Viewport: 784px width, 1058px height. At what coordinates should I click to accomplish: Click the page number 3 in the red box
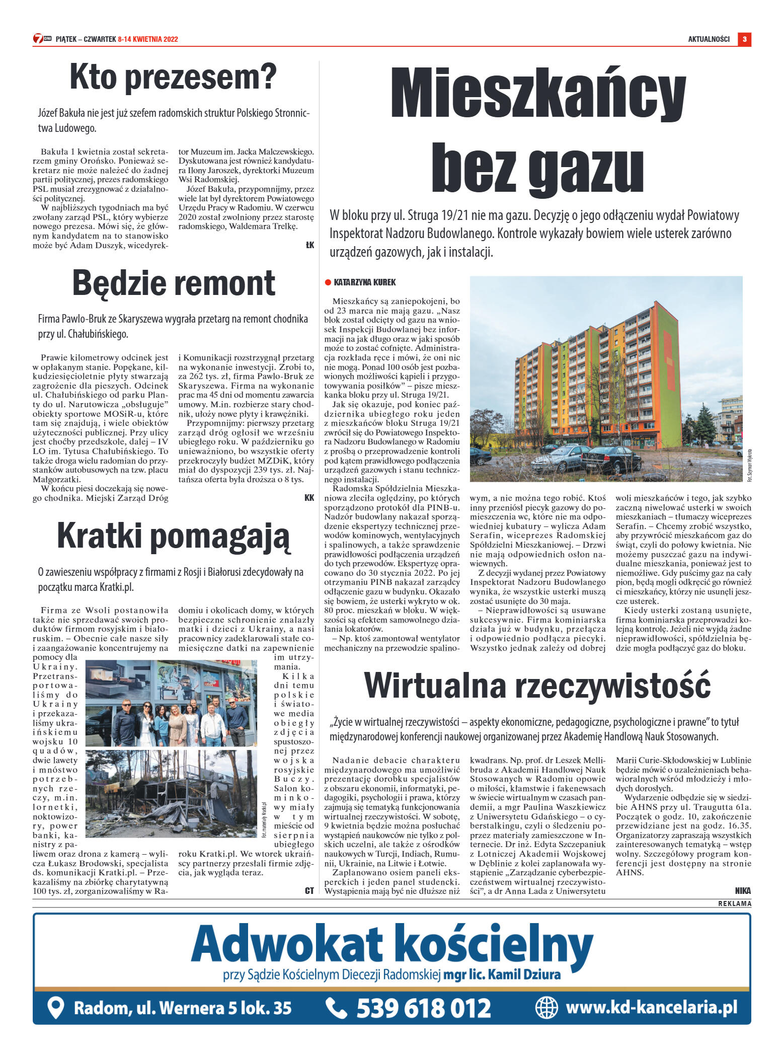click(744, 39)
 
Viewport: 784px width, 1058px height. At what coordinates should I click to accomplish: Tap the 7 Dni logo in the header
click(42, 39)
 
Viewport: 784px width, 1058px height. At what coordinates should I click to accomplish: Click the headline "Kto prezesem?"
click(173, 77)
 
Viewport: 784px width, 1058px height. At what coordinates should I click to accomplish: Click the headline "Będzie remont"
click(174, 283)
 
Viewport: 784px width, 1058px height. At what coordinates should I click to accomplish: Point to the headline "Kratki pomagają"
click(173, 536)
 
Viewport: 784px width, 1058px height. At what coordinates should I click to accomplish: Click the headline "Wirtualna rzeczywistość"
click(537, 686)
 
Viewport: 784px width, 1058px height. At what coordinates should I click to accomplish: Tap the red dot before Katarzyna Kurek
click(328, 283)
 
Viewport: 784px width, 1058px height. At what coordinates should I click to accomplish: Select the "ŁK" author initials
click(309, 245)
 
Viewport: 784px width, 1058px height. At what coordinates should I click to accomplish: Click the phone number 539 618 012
click(423, 1009)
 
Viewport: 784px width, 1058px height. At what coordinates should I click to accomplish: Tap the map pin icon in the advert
click(55, 1008)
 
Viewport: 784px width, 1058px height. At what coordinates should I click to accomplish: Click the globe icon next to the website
click(546, 1007)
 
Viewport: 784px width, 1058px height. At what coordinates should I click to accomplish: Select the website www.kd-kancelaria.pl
click(651, 1007)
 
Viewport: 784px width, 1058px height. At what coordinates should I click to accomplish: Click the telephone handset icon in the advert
click(336, 1008)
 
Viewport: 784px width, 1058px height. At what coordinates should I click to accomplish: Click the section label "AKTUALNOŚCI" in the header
click(709, 39)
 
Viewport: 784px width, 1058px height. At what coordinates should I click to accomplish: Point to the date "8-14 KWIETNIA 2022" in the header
click(148, 39)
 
